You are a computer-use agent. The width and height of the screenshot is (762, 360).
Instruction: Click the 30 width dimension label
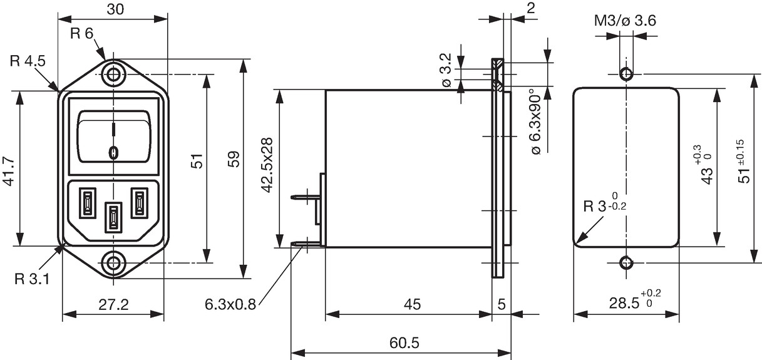115,9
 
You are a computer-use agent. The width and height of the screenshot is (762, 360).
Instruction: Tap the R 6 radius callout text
81,33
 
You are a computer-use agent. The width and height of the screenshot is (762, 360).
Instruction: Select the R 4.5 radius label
28,61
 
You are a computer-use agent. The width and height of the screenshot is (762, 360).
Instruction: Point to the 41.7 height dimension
9,172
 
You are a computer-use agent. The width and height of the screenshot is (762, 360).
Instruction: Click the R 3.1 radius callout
32,279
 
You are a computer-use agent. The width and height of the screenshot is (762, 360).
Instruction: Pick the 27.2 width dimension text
113,304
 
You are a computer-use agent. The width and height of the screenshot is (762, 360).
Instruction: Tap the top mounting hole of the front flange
113,75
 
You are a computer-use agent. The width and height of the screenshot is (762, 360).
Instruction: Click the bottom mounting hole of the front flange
113,264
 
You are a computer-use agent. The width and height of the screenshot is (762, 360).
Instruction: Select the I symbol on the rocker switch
113,130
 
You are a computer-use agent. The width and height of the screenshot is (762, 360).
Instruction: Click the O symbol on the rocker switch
113,153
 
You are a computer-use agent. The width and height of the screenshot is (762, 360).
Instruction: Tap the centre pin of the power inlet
113,217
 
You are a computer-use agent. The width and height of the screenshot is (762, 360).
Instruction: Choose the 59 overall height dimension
234,159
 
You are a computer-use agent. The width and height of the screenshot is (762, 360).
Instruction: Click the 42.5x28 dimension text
267,165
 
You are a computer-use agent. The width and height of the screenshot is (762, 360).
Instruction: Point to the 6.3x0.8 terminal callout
230,304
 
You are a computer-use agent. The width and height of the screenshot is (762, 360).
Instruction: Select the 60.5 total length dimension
404,343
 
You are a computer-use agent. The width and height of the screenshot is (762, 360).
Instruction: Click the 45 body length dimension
412,304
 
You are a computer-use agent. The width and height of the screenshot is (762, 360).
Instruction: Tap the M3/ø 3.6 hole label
625,21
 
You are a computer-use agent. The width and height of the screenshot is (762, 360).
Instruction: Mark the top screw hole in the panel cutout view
626,74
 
